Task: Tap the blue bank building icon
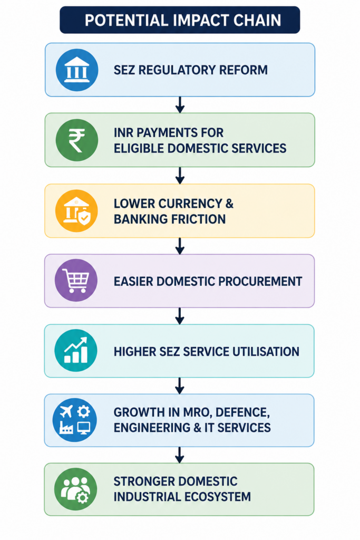click(77, 70)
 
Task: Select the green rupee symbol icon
click(77, 140)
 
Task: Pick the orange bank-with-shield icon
click(76, 211)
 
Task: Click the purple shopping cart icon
click(76, 281)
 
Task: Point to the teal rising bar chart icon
click(76, 351)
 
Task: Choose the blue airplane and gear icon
click(75, 420)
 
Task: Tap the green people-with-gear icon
click(76, 489)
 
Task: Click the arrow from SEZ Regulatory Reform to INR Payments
click(180, 105)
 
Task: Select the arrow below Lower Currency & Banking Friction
click(180, 246)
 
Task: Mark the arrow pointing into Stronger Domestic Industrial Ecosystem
click(179, 455)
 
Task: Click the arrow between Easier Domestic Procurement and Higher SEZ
click(180, 316)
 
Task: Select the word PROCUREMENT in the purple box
click(260, 282)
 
